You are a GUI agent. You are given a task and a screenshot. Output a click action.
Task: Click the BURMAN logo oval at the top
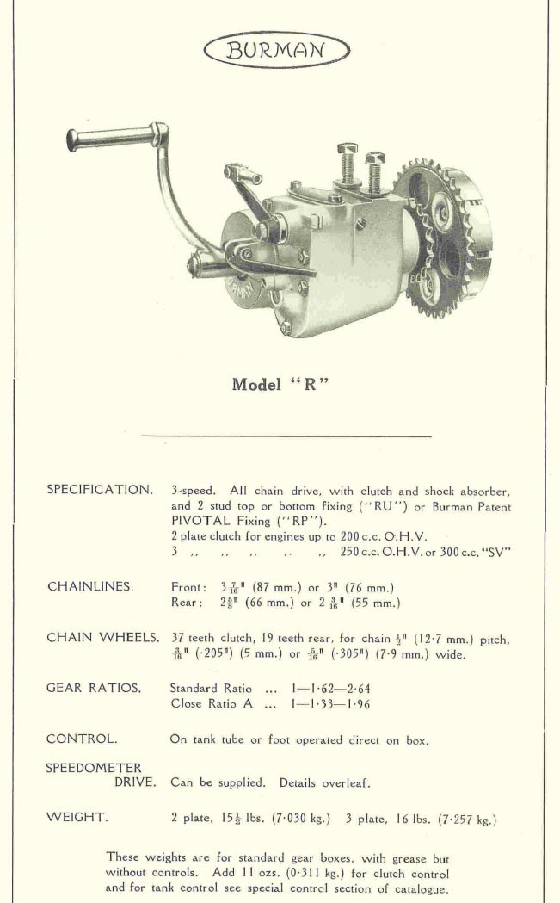pyautogui.click(x=276, y=50)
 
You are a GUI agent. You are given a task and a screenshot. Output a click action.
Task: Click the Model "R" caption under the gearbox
pyautogui.click(x=281, y=385)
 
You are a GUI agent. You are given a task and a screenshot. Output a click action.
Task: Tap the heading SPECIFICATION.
pyautogui.click(x=99, y=490)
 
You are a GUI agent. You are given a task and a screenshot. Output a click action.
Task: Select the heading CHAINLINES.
pyautogui.click(x=90, y=586)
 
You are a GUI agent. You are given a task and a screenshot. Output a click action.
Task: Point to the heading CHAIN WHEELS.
pyautogui.click(x=102, y=638)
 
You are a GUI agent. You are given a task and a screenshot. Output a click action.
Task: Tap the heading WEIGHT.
pyautogui.click(x=77, y=818)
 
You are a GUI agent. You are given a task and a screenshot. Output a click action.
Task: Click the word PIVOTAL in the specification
pyautogui.click(x=200, y=521)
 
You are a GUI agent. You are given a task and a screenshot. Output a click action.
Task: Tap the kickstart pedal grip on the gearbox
pyautogui.click(x=108, y=137)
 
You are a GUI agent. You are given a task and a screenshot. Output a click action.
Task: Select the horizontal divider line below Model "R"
pyautogui.click(x=286, y=436)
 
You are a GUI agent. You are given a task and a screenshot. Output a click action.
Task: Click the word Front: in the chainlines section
pyautogui.click(x=188, y=587)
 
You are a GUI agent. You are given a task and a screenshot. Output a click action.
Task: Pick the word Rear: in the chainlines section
pyautogui.click(x=187, y=603)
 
